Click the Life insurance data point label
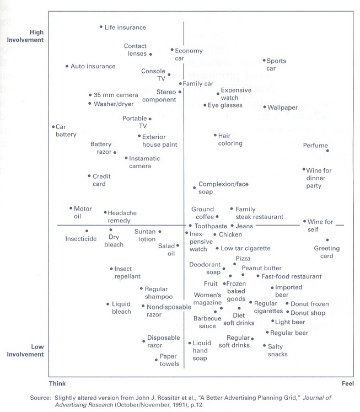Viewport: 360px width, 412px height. (125, 27)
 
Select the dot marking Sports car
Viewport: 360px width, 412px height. (264, 60)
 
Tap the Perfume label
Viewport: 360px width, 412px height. (315, 146)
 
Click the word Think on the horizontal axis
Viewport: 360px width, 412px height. (57, 382)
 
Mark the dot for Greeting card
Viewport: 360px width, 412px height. (327, 240)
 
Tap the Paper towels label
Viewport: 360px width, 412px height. (169, 360)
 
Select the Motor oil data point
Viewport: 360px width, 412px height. (71, 208)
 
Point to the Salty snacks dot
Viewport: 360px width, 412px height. (264, 345)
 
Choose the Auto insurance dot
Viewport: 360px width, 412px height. (66, 66)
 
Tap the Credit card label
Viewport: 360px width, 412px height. (99, 180)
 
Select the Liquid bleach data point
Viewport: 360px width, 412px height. (108, 304)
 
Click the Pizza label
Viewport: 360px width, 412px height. (243, 258)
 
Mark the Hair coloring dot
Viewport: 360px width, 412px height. (215, 135)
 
